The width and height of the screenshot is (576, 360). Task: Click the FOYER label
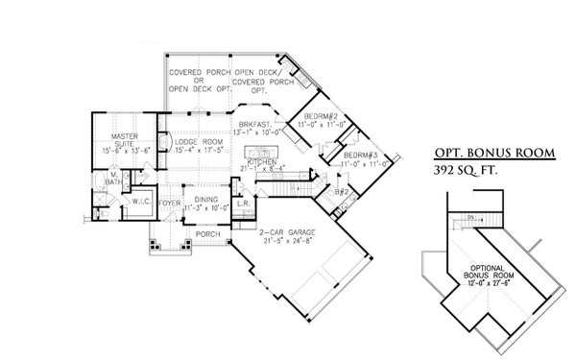(169, 204)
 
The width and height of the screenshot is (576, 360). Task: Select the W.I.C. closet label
(137, 202)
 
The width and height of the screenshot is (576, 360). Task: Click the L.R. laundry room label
(243, 204)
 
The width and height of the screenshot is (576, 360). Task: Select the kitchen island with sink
(260, 153)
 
